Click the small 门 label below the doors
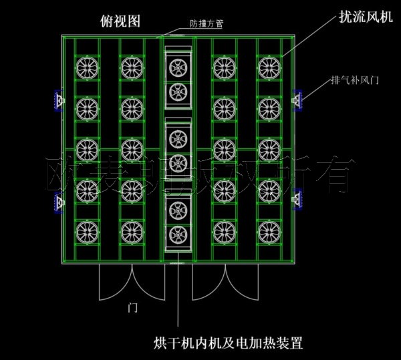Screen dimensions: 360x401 point(133,308)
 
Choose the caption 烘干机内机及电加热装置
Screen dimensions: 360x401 point(228,345)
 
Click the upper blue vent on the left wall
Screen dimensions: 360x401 point(59,100)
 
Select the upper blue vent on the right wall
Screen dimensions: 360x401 point(298,100)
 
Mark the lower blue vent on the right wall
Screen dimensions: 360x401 point(298,198)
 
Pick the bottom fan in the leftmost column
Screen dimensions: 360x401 point(86,232)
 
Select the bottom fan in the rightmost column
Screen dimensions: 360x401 point(267,232)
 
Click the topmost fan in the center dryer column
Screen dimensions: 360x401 point(177,67)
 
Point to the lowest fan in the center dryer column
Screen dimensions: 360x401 point(177,233)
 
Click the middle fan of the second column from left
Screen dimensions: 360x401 point(130,148)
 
